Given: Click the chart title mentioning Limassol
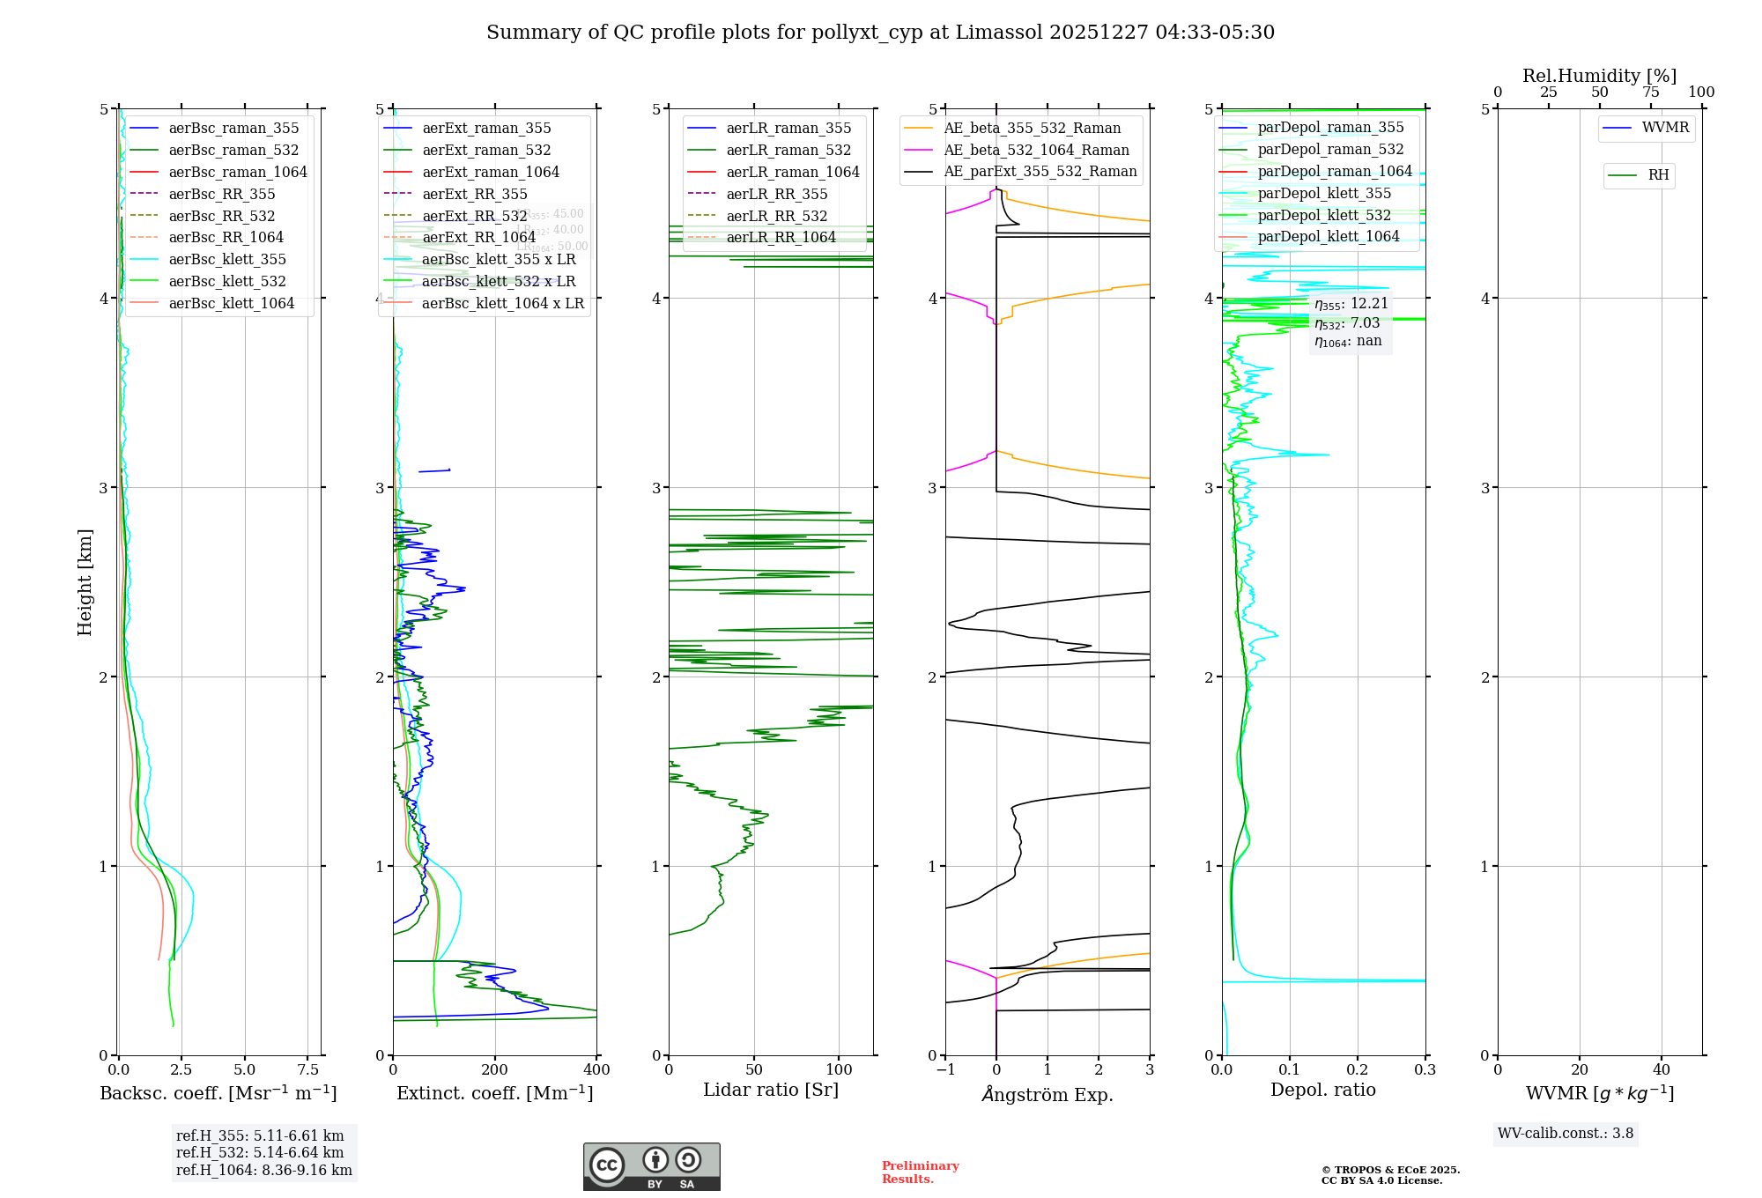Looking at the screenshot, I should pyautogui.click(x=880, y=33).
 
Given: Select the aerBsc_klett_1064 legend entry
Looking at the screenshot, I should pyautogui.click(x=231, y=303).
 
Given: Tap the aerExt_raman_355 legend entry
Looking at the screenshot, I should pyautogui.click(x=486, y=129).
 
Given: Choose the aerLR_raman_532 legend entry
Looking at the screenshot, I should pyautogui.click(x=788, y=151).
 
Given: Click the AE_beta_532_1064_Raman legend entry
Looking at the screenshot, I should pyautogui.click(x=1036, y=151).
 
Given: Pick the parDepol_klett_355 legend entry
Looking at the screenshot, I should pyautogui.click(x=1324, y=194).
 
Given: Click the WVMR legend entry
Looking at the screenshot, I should pyautogui.click(x=1665, y=128).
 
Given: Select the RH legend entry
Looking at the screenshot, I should pyautogui.click(x=1658, y=175).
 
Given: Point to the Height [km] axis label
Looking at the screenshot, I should pyautogui.click(x=85, y=582).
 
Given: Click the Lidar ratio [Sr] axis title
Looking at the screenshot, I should pyautogui.click(x=771, y=1091).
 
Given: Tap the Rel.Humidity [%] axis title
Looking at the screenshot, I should pyautogui.click(x=1599, y=76).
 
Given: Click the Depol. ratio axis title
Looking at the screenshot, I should pyautogui.click(x=1322, y=1091).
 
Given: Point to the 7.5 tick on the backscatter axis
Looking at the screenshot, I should pyautogui.click(x=308, y=1070).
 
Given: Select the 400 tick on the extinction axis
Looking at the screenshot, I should pyautogui.click(x=597, y=1070).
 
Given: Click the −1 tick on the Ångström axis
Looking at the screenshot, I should pyautogui.click(x=945, y=1070).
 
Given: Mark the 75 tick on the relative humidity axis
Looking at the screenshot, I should pyautogui.click(x=1650, y=92).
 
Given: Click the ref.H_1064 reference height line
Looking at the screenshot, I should pyautogui.click(x=263, y=1171).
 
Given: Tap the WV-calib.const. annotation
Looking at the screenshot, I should pyautogui.click(x=1566, y=1134).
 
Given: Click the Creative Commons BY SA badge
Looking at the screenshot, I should pyautogui.click(x=651, y=1167).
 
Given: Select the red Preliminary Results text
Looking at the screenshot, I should pyautogui.click(x=920, y=1172).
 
